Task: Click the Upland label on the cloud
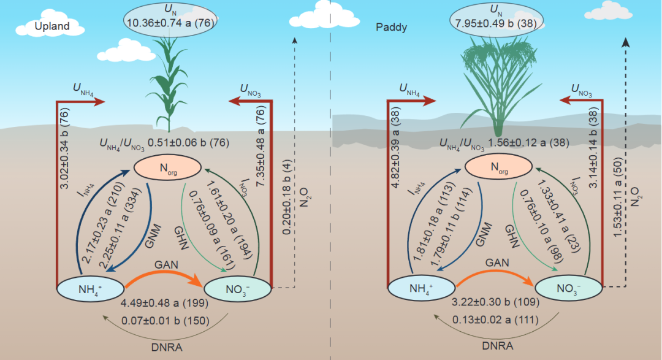pyautogui.click(x=51, y=26)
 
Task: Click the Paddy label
pyautogui.click(x=391, y=28)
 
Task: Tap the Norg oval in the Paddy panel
pyautogui.click(x=498, y=166)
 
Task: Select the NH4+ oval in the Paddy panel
pyautogui.click(x=421, y=288)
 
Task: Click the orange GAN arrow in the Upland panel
pyautogui.click(x=164, y=275)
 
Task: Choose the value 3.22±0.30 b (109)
pyautogui.click(x=495, y=303)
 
